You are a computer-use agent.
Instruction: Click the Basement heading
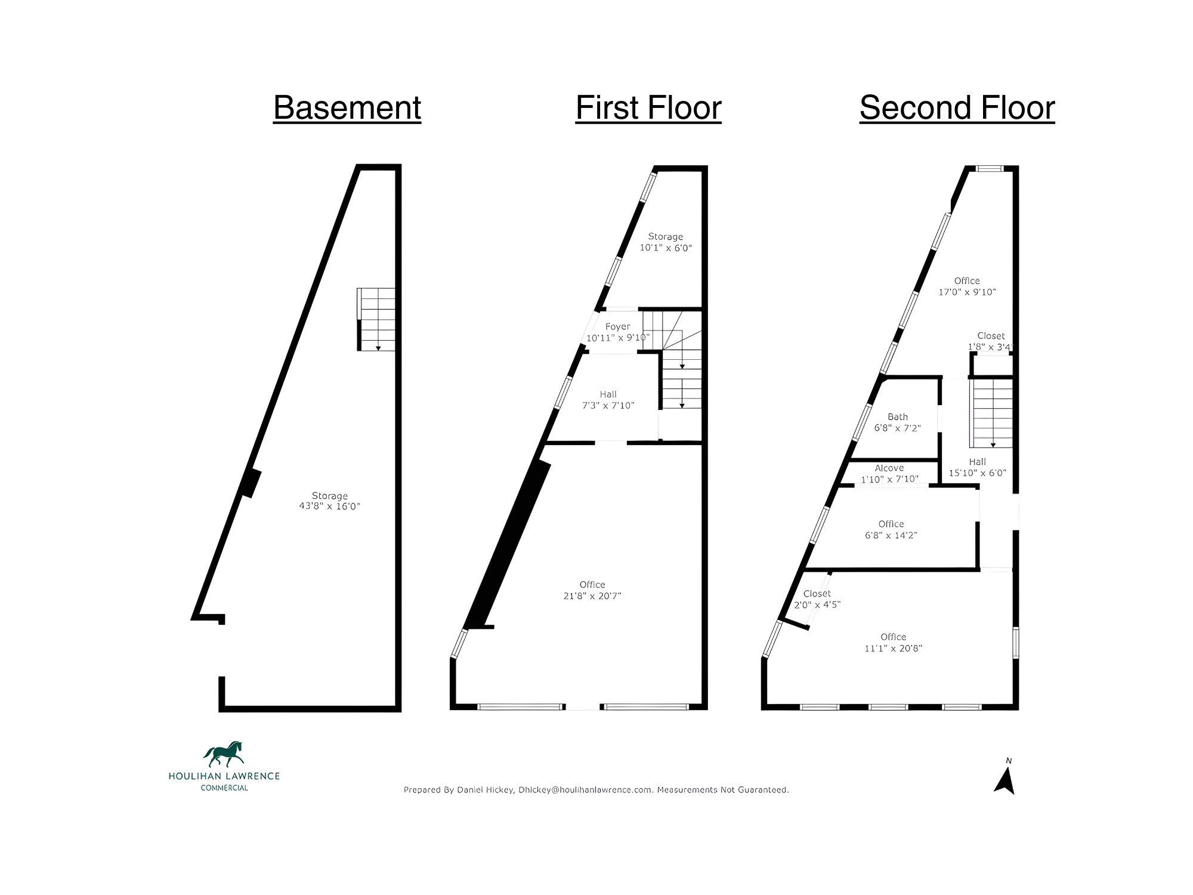point(347,108)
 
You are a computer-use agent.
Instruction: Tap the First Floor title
point(648,108)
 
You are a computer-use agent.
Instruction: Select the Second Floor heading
point(957,108)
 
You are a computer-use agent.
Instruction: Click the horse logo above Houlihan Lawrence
point(224,754)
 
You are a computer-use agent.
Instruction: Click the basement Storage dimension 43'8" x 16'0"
point(330,507)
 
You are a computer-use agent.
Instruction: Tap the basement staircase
point(376,319)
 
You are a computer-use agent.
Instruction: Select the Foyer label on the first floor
point(617,326)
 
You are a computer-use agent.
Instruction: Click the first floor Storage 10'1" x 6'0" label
point(666,242)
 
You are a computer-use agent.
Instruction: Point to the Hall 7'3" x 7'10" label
point(608,400)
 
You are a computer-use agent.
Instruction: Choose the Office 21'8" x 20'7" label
point(592,590)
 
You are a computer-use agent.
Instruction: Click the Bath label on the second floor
point(898,417)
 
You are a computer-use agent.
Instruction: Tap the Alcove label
point(889,468)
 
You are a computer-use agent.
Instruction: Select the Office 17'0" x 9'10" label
point(967,286)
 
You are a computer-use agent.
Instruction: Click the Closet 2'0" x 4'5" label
point(817,599)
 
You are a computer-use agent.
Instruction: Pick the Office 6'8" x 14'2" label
point(891,530)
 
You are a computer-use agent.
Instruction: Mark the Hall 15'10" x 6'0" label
point(978,467)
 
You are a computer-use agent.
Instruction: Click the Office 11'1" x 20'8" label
point(894,643)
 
